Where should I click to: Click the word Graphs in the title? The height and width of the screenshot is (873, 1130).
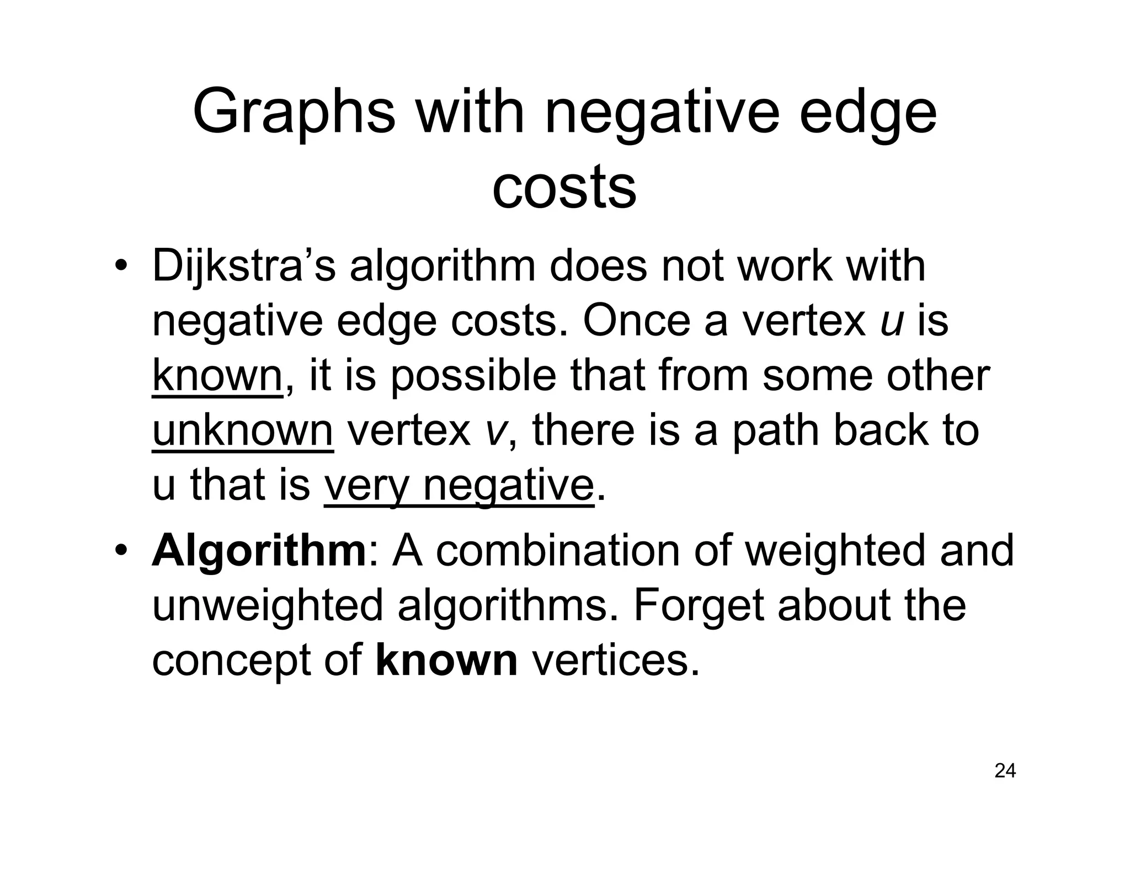(294, 113)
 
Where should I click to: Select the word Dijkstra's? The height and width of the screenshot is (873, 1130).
(243, 267)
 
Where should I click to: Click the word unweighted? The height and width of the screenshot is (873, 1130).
(267, 605)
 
